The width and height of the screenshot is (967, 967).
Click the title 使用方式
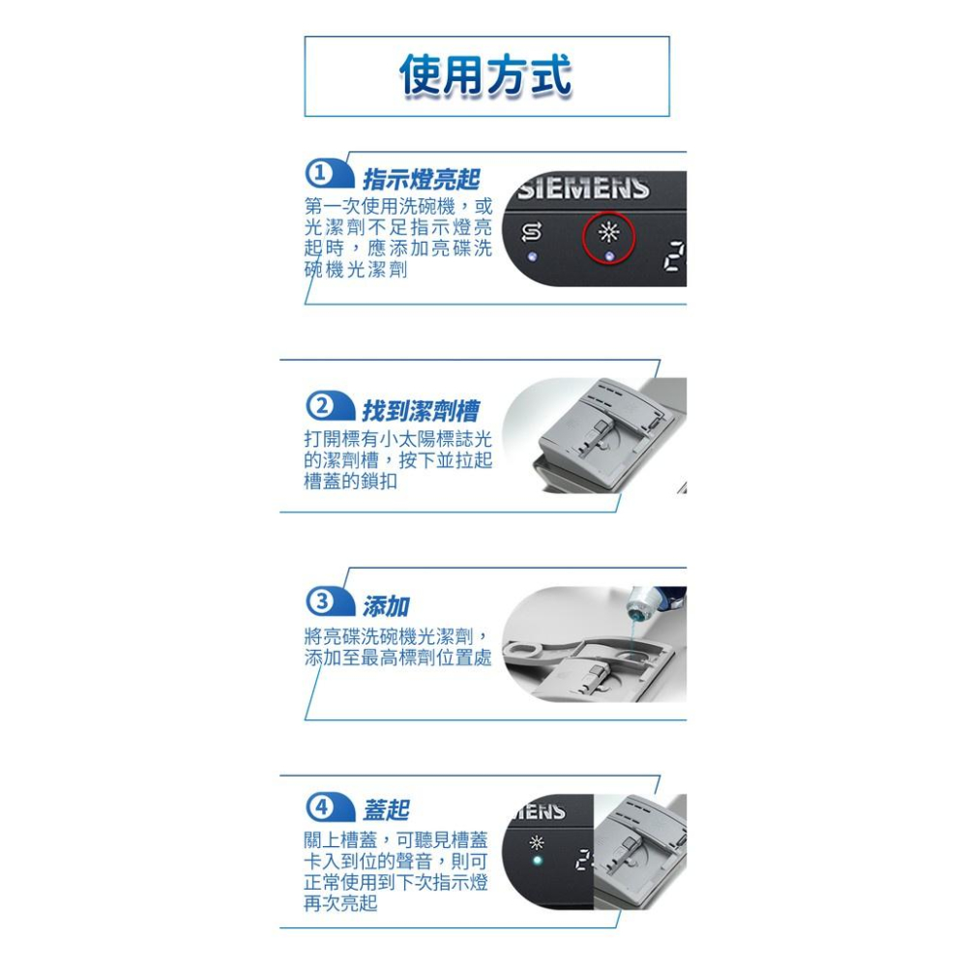point(486,77)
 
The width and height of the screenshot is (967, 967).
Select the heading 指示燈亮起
point(421,179)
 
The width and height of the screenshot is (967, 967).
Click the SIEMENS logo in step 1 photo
point(584,188)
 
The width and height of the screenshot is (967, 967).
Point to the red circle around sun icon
point(608,237)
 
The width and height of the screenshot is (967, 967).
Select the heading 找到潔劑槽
point(421,410)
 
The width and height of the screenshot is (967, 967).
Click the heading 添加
point(386,606)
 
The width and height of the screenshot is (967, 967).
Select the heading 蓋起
point(386,810)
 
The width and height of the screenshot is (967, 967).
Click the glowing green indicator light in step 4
point(539,861)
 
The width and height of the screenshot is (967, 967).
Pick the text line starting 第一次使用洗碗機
point(397,207)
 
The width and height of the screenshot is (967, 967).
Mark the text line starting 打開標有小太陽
point(397,439)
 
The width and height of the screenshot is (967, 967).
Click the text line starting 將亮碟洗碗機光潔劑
point(397,636)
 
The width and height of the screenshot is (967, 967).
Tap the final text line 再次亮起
point(340,903)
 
